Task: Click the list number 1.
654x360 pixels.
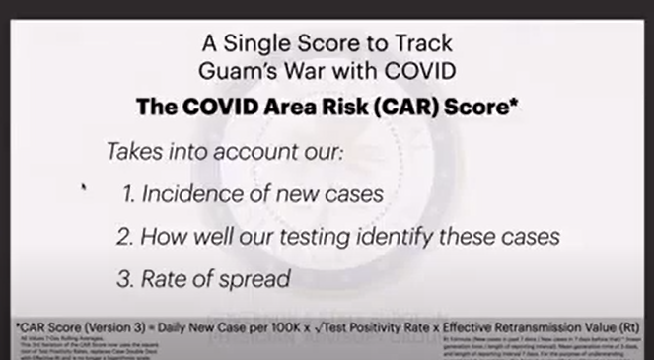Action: pos(129,194)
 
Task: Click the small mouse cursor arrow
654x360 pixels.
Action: pos(84,186)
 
